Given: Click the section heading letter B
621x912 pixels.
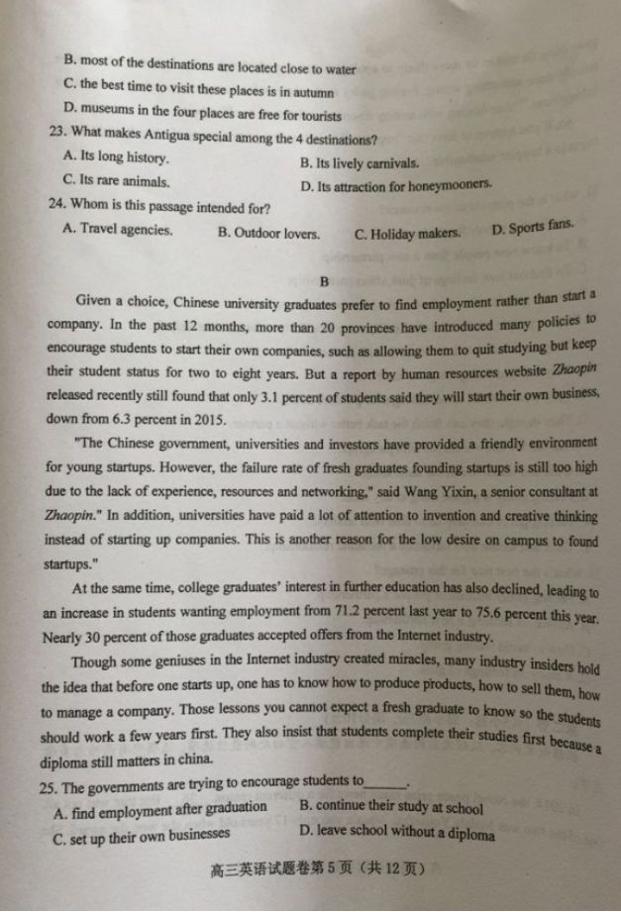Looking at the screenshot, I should click(x=323, y=280).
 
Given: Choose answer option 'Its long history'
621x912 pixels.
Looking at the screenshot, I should click(x=115, y=156).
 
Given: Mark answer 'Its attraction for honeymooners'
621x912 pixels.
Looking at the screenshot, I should click(x=395, y=185).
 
